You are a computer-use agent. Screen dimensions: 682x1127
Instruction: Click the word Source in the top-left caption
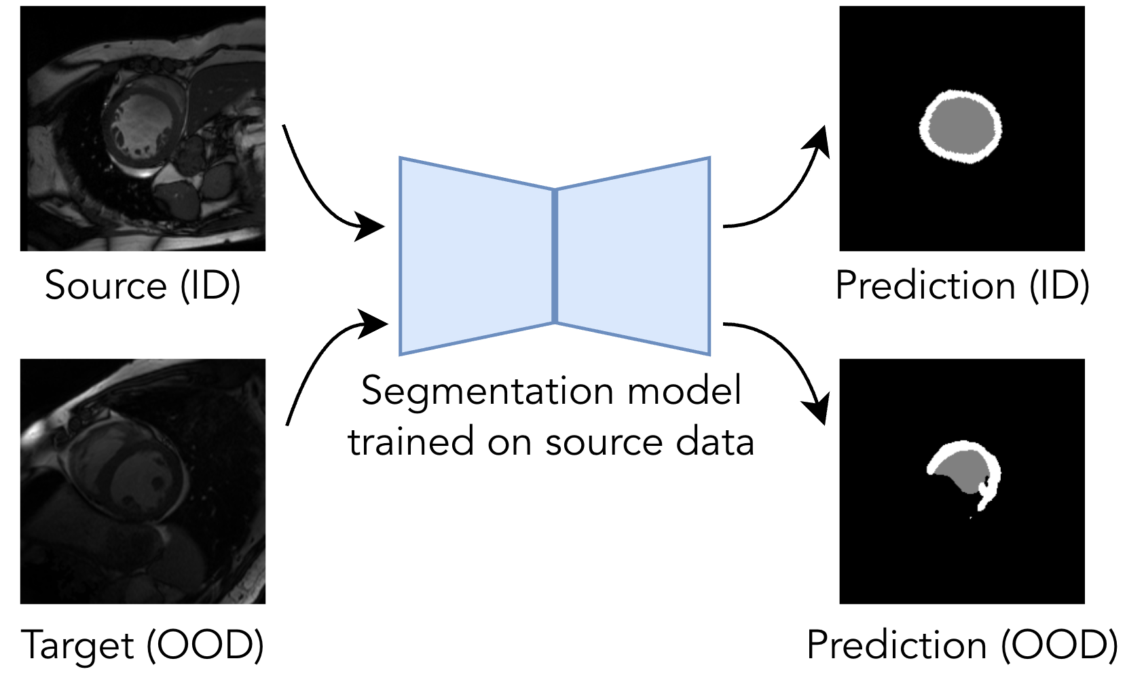105,286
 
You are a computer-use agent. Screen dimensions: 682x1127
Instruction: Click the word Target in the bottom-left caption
78,645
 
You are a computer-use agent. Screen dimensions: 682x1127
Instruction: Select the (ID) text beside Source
210,286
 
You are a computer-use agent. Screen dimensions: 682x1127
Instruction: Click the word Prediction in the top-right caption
925,286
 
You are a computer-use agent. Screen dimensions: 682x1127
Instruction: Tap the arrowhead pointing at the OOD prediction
817,408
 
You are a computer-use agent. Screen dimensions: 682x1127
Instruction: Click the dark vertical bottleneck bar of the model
555,256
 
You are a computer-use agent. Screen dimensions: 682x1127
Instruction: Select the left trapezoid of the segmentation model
475,256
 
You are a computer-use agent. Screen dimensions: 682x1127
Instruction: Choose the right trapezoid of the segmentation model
631,256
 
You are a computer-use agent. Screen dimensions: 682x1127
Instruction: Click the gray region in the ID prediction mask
959,126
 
